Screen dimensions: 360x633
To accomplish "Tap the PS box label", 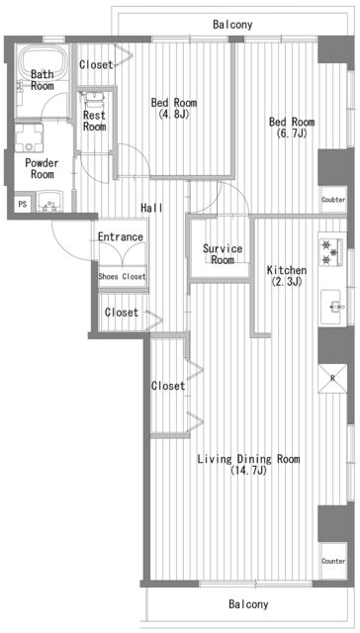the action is [23, 205].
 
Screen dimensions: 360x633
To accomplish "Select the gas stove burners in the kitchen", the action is [331, 252].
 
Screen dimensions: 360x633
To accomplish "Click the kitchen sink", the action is [332, 308].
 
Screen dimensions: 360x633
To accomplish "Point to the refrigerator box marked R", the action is [332, 379].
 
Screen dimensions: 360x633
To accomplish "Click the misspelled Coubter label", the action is [333, 200].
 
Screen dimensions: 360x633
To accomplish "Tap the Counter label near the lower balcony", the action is [333, 561].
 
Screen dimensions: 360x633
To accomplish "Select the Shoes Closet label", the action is [123, 277].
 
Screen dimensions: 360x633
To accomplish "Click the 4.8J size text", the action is [174, 115].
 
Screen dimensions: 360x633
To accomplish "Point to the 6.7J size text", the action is [292, 134].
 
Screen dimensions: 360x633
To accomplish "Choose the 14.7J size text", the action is [248, 471].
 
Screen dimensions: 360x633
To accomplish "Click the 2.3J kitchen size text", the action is [287, 281].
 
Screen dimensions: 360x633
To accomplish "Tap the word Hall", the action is [151, 208].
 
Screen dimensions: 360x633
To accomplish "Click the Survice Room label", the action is [223, 254].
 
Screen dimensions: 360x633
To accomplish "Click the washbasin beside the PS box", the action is [50, 202].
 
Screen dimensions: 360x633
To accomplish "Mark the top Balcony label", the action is [232, 25].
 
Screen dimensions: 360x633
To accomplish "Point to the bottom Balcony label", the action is [248, 604].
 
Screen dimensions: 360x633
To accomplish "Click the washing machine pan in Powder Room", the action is [29, 138].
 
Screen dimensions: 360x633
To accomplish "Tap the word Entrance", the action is [121, 236].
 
